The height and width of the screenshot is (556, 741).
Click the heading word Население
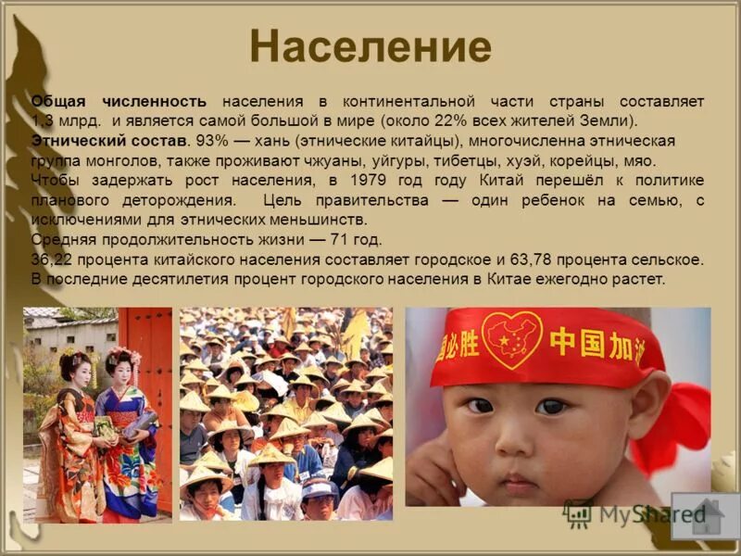[370, 46]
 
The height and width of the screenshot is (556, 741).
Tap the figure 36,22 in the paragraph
[52, 259]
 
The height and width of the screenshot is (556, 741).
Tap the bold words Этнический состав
[109, 140]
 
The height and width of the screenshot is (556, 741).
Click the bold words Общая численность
[119, 100]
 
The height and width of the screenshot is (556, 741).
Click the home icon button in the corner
[705, 515]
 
